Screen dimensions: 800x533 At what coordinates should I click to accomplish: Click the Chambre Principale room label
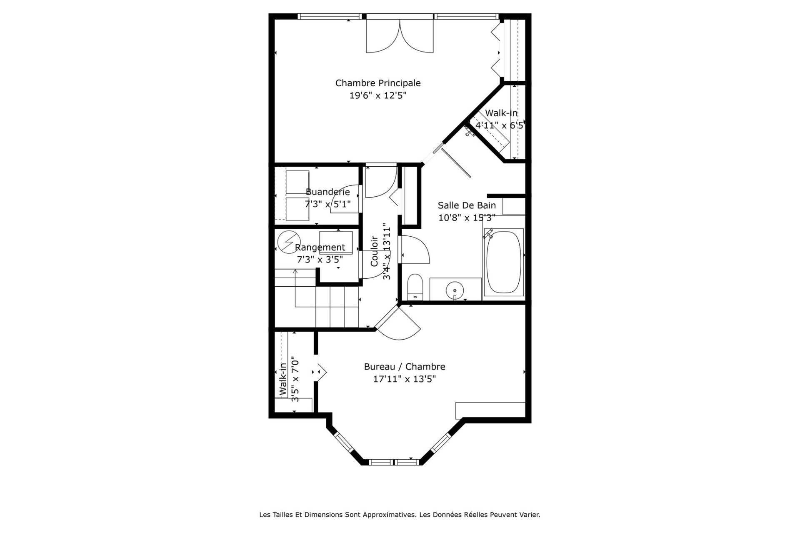tap(378, 83)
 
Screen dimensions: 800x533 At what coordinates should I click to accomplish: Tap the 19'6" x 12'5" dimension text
tap(378, 96)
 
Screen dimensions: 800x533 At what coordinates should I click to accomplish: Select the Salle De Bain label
tap(467, 205)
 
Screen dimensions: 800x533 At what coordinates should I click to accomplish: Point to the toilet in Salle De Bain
tap(415, 287)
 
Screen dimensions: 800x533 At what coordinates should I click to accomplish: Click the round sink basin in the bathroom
tap(455, 289)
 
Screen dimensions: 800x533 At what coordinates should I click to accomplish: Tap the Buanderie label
tap(328, 192)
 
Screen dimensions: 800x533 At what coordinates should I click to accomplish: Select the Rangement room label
tap(320, 248)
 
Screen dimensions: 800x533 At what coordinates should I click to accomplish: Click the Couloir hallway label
tap(374, 251)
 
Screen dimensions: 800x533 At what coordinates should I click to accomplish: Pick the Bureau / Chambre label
tap(405, 367)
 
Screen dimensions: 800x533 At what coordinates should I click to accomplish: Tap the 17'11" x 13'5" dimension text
tap(405, 379)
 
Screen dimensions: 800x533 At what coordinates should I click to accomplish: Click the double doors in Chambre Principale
tap(400, 36)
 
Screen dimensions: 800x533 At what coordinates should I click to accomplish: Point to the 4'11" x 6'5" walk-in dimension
tap(500, 125)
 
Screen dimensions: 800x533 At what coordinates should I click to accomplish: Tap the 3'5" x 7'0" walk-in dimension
tap(295, 379)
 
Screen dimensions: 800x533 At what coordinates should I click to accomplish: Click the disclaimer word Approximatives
tap(390, 515)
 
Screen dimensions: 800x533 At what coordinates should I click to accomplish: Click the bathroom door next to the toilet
tap(415, 249)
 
